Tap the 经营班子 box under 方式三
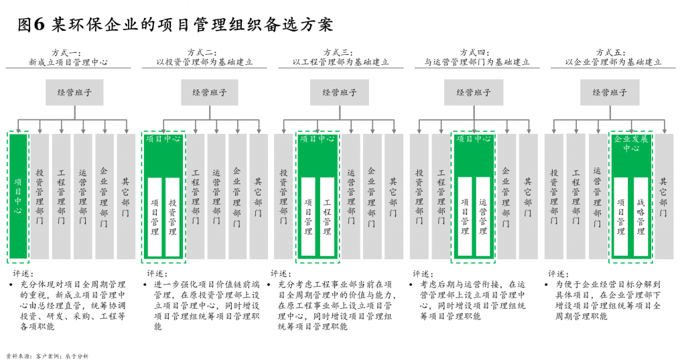click(340, 92)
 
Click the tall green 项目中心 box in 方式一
click(18, 196)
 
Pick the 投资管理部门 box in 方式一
click(40, 196)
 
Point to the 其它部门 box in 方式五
click(663, 196)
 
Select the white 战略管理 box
click(640, 216)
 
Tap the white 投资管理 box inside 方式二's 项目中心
click(173, 216)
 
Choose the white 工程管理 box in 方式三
click(327, 216)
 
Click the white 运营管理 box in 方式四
click(482, 216)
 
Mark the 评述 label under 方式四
click(423, 273)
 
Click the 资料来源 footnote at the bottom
click(47, 356)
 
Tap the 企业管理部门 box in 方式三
click(372, 196)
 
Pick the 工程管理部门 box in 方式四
click(441, 196)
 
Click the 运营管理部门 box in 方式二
click(216, 196)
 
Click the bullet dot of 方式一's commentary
click(11, 285)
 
